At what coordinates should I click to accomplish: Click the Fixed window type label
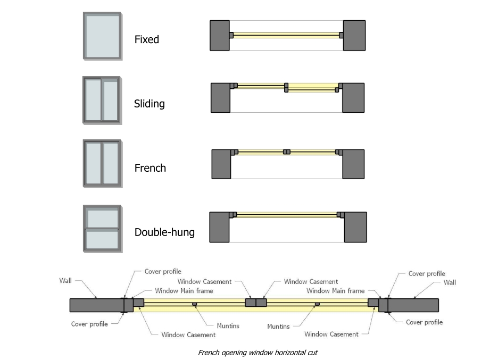coord(147,39)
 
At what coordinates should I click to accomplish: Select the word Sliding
coord(150,104)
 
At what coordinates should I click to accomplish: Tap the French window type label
coord(150,168)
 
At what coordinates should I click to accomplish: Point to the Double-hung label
coord(164,232)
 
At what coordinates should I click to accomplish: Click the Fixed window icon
coord(102,36)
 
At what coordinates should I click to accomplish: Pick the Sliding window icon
coord(102,101)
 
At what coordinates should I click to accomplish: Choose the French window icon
coord(102,164)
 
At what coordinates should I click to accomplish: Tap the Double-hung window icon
coord(102,229)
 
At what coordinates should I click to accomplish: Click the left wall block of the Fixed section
coord(220,35)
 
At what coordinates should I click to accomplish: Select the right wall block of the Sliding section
coord(353,98)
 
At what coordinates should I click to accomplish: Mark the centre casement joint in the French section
coord(287,152)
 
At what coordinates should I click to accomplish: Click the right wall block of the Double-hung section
coord(355,227)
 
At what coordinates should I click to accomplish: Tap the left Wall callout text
coord(65,280)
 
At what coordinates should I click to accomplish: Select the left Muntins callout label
coord(228,326)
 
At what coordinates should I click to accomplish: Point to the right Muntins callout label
coord(278,326)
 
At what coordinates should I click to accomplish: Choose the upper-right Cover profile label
coord(427,273)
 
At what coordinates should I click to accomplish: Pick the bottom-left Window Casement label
coord(188,335)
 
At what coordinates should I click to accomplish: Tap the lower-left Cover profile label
coord(90,324)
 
